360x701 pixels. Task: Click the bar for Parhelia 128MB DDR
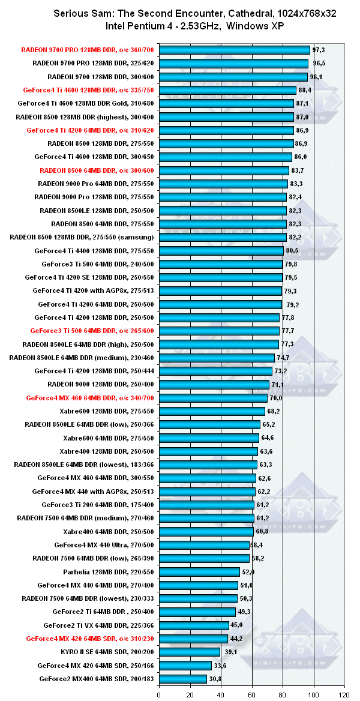(x=199, y=572)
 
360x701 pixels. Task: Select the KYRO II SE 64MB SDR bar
(x=189, y=652)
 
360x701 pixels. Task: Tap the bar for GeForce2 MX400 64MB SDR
(x=182, y=679)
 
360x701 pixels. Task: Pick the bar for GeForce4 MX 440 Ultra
(x=204, y=545)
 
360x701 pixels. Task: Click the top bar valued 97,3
(x=234, y=50)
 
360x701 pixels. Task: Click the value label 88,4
(x=305, y=90)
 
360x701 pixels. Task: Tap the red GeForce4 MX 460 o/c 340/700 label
(x=90, y=398)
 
